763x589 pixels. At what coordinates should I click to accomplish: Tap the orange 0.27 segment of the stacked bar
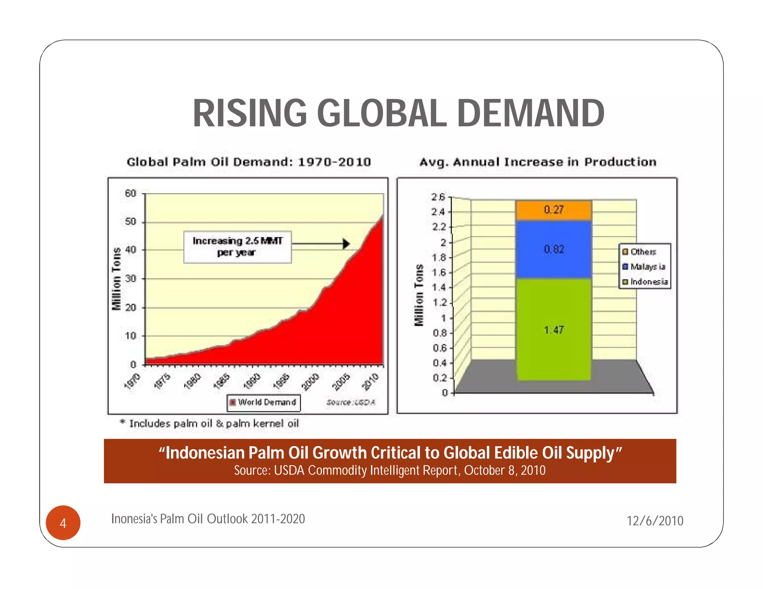pos(554,210)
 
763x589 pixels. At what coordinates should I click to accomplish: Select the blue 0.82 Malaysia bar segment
pos(554,249)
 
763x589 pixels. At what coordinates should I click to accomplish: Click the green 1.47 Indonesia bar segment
pos(554,330)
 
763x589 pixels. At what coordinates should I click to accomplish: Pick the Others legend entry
pos(643,252)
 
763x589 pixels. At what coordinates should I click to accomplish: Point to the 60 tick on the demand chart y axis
pos(130,194)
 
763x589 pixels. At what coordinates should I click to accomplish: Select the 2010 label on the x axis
pos(371,382)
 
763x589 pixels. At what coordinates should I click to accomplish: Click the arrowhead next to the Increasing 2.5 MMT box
pos(346,244)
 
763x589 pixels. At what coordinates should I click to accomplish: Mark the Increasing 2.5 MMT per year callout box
pos(237,247)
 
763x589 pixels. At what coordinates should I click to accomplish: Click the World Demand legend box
pos(263,402)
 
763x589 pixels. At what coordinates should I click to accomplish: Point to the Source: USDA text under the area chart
pos(351,402)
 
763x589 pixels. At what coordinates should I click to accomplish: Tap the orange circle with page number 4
pos(63,523)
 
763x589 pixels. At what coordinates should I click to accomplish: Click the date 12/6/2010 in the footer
pos(655,520)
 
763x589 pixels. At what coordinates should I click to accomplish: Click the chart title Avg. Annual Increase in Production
pos(538,162)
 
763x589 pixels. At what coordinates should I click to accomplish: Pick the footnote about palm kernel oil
pos(210,424)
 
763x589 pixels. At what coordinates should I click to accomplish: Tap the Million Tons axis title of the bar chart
pos(419,295)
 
